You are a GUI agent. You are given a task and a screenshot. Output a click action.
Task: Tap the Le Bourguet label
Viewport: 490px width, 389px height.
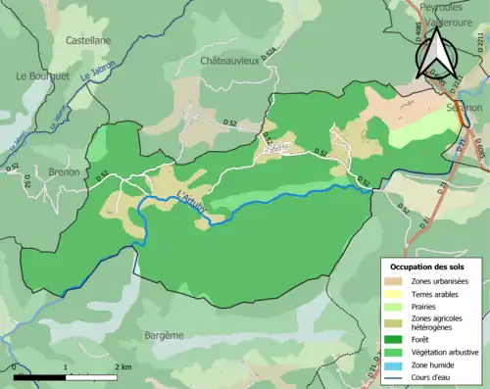pyautogui.click(x=39, y=75)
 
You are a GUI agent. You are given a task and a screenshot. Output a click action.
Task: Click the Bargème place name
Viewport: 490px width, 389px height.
pyautogui.click(x=164, y=335)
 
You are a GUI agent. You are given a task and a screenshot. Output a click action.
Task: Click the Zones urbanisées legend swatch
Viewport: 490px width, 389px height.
pyautogui.click(x=396, y=281)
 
